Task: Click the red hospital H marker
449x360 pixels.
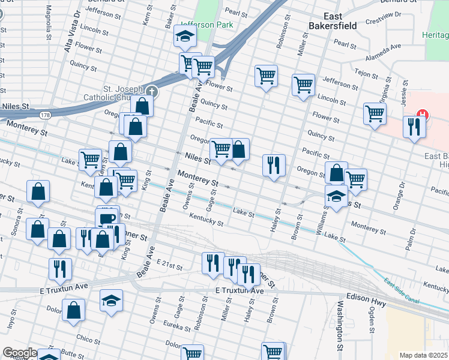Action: coord(422,115)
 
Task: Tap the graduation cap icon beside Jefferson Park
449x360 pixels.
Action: coord(185,38)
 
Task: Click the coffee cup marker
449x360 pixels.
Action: coord(107,218)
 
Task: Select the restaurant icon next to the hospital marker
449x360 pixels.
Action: coord(414,127)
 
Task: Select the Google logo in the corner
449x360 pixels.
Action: coord(19,353)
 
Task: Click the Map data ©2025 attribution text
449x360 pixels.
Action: coord(423,355)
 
